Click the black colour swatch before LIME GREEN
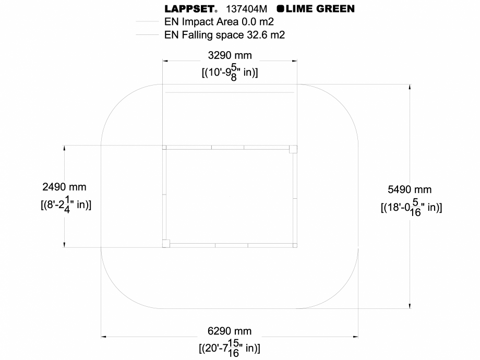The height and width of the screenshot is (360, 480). [x=280, y=8]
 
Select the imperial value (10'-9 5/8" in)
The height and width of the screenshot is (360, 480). [x=230, y=72]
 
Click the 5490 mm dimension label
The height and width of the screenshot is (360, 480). [x=410, y=189]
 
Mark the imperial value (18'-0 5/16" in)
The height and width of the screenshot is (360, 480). [x=411, y=207]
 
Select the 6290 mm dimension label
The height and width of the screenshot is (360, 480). [x=230, y=331]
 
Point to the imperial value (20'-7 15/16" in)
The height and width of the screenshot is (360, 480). [x=230, y=347]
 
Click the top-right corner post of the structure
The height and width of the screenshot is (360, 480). [x=293, y=149]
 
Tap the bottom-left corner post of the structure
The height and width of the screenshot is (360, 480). [x=165, y=243]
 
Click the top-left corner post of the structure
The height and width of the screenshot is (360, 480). [x=164, y=148]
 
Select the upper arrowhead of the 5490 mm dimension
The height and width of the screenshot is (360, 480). [x=410, y=88]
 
